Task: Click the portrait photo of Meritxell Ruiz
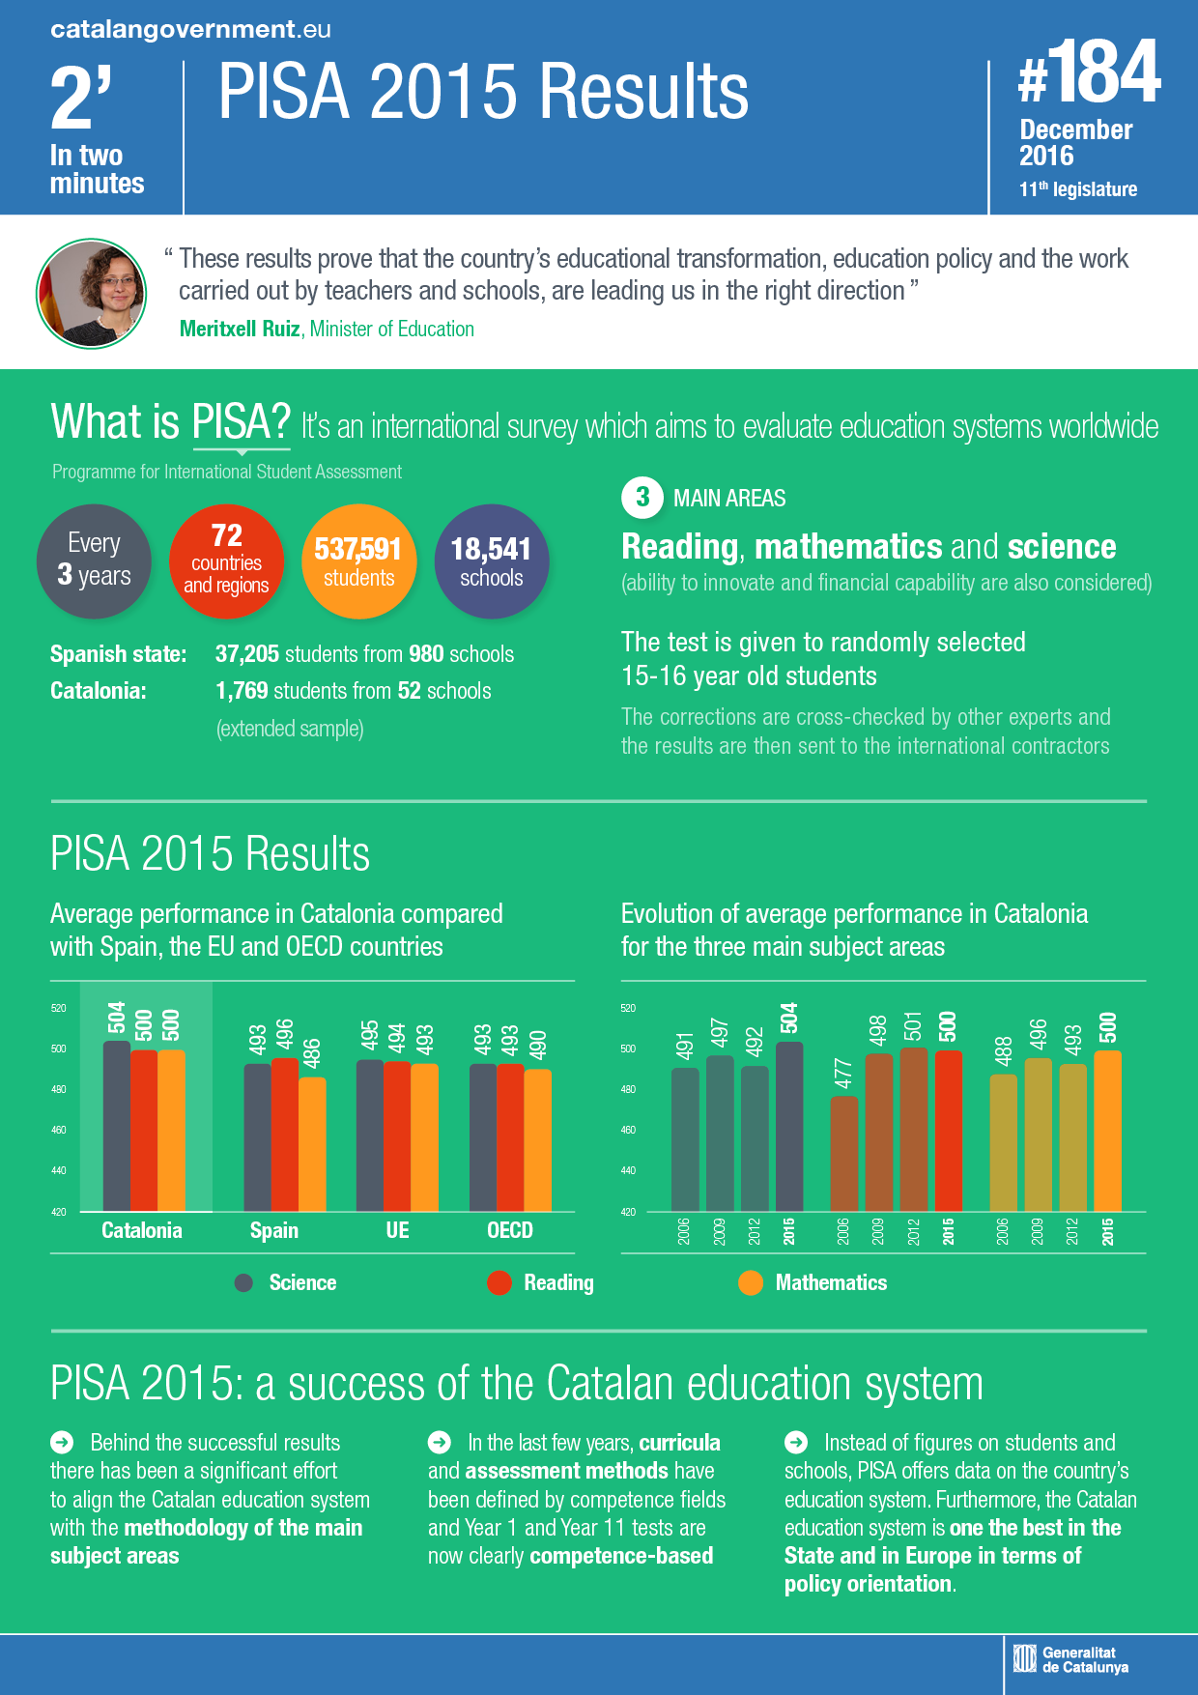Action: tap(92, 293)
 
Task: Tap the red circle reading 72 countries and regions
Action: tap(226, 561)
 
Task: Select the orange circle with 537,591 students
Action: tap(358, 561)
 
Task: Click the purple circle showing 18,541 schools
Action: tap(492, 561)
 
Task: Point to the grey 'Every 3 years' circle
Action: tap(94, 561)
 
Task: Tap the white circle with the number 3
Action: tap(642, 498)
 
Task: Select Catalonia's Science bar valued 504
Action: tap(116, 1126)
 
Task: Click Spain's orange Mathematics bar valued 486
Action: tap(312, 1144)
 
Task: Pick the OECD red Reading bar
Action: tap(510, 1137)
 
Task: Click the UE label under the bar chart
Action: tap(397, 1230)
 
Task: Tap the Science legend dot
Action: tap(243, 1282)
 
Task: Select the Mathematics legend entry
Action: tap(830, 1282)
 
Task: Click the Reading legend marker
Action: tap(499, 1282)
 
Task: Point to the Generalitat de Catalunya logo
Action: tap(1070, 1659)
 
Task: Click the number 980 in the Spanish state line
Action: tap(426, 654)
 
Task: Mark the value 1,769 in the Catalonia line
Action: tap(242, 691)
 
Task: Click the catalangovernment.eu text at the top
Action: tap(190, 29)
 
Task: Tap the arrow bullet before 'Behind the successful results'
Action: tap(62, 1442)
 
